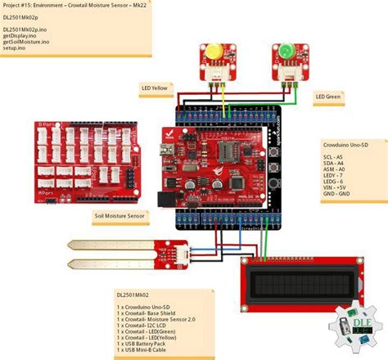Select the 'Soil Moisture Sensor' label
[x=120, y=216]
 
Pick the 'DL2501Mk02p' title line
[x=21, y=16]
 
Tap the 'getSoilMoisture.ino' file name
[x=30, y=43]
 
